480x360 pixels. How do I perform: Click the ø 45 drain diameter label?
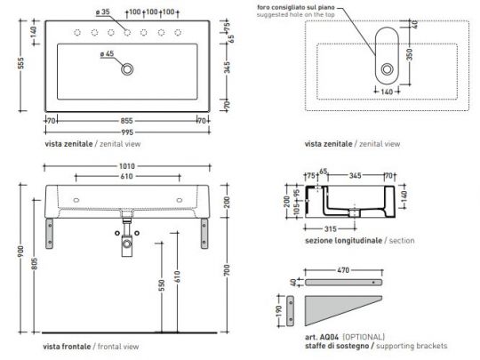(106, 55)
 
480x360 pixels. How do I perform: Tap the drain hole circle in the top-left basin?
(130, 68)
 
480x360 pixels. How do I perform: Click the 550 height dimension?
(162, 290)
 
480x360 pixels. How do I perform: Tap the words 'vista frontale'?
(65, 345)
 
